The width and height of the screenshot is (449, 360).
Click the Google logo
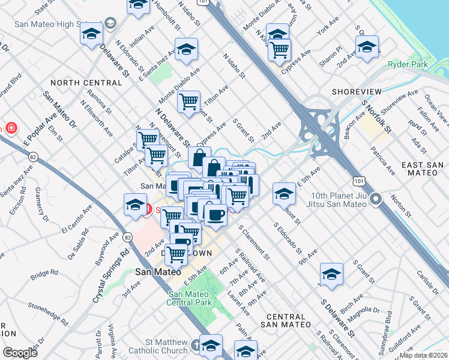[20, 352]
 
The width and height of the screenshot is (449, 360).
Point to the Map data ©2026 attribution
[424, 355]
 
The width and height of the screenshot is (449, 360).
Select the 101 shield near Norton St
[359, 180]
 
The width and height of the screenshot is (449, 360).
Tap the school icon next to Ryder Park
[366, 47]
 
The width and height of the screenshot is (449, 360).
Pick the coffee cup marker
[215, 214]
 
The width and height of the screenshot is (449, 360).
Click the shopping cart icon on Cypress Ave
[279, 50]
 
